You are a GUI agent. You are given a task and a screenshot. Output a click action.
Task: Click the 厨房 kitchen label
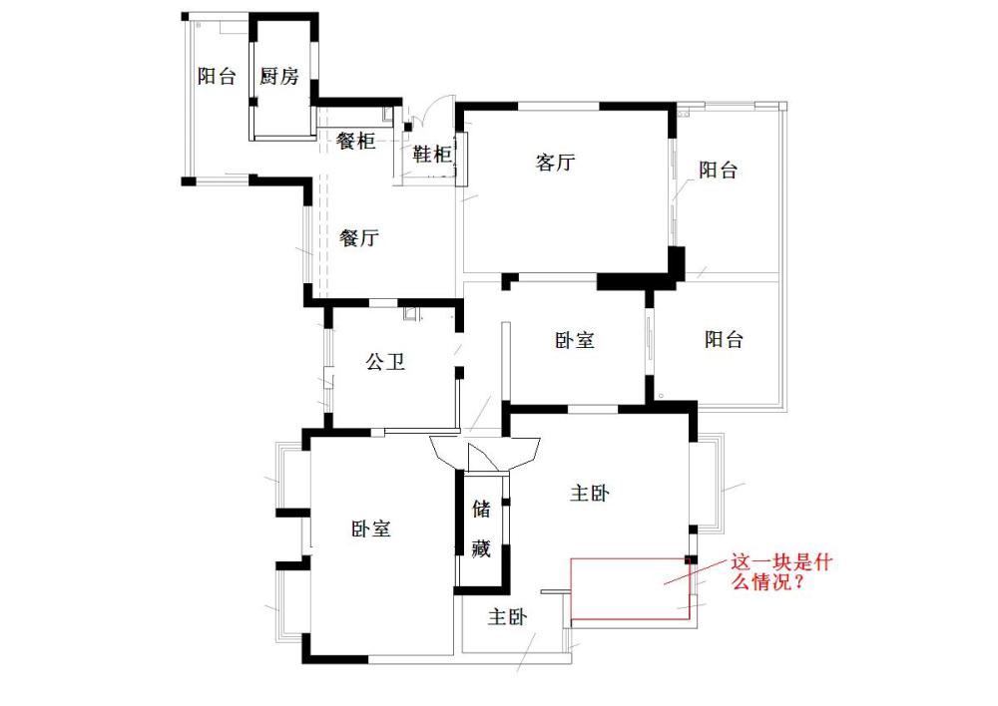(x=279, y=77)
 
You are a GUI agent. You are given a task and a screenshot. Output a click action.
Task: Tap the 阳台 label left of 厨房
(x=217, y=77)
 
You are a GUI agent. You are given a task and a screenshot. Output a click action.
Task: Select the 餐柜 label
(x=356, y=142)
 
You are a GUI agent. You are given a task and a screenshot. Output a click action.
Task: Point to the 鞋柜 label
(x=433, y=155)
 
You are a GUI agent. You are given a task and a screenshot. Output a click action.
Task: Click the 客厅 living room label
(x=555, y=164)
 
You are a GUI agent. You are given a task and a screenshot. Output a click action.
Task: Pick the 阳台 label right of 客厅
(x=718, y=171)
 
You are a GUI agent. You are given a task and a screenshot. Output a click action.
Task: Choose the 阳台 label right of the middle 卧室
(x=724, y=340)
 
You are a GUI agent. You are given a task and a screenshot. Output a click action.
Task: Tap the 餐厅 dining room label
(x=359, y=238)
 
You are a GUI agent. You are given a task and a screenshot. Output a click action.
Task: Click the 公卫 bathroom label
(x=385, y=362)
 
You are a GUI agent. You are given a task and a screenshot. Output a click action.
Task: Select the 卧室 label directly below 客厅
(x=575, y=340)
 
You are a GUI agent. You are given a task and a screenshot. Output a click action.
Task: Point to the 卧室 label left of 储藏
(x=370, y=529)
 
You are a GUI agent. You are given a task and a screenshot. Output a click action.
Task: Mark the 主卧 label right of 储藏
(x=590, y=494)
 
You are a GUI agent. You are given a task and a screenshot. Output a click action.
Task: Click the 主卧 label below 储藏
(x=508, y=618)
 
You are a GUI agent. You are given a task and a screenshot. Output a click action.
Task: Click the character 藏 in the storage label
(x=481, y=547)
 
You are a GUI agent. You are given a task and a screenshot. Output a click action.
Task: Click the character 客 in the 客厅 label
(x=545, y=164)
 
